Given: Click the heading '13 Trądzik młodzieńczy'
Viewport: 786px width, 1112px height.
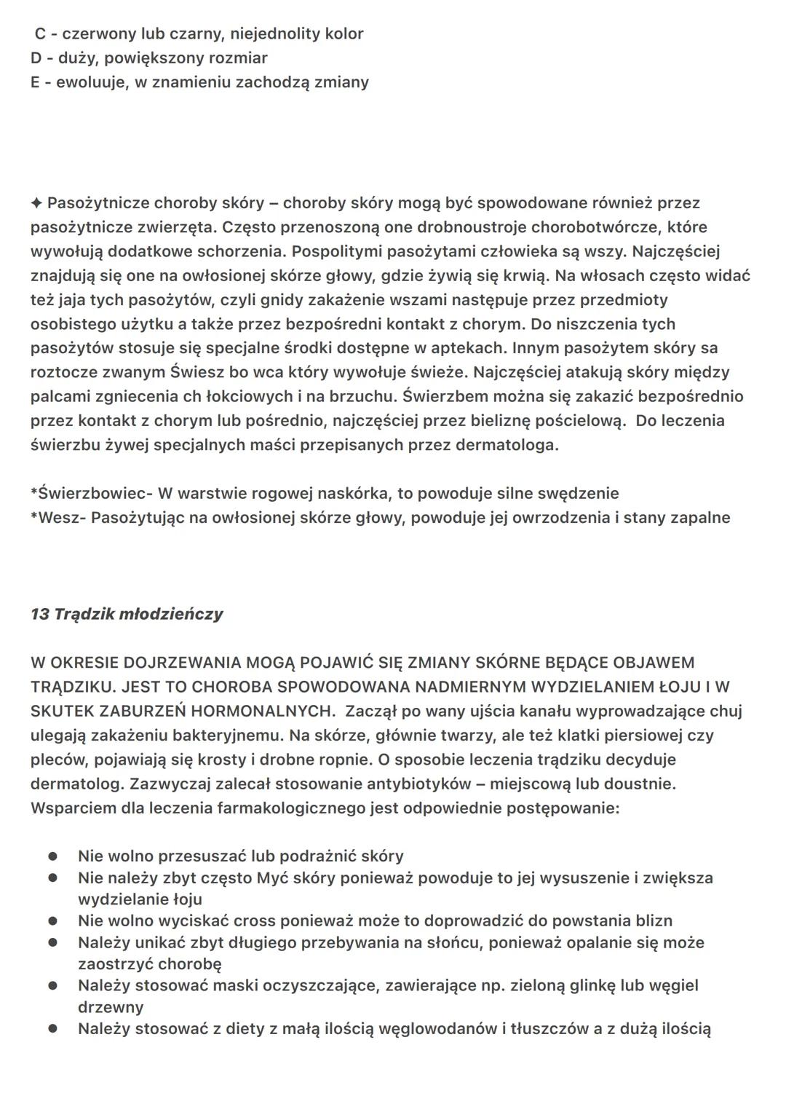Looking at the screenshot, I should click(x=127, y=614).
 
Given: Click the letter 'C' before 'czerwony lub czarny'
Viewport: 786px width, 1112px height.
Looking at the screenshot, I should click(x=40, y=33).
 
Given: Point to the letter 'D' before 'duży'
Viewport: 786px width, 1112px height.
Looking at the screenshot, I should click(x=36, y=58).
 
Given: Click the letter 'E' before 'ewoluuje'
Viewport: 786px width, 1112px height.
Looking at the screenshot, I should click(x=35, y=82).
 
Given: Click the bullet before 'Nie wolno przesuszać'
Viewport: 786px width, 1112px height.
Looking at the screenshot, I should click(x=53, y=856).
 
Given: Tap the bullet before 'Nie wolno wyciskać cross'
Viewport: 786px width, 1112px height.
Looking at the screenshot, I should click(x=53, y=920).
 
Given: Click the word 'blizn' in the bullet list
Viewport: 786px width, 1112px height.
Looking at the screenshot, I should click(x=653, y=920).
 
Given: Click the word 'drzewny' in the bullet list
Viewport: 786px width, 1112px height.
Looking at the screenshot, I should click(x=111, y=1007).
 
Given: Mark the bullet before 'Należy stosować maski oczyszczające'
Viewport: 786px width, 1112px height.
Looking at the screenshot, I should click(x=53, y=985).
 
